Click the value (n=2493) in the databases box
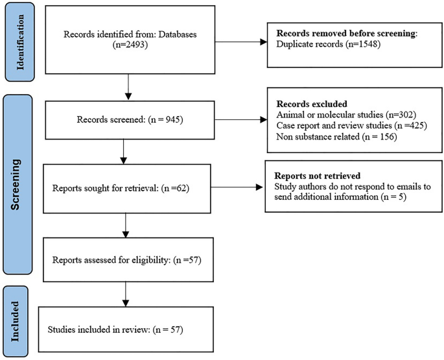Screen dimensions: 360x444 [128, 55]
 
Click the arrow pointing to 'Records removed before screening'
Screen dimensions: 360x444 [240, 43]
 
